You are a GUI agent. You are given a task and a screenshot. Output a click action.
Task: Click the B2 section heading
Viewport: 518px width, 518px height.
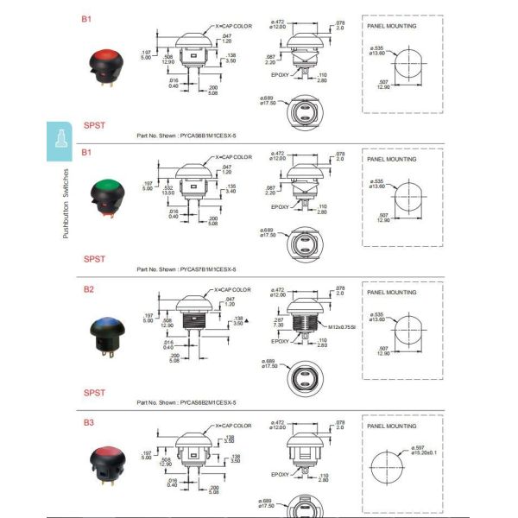point(88,290)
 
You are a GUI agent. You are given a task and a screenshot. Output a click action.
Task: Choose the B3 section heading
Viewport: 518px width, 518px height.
point(88,422)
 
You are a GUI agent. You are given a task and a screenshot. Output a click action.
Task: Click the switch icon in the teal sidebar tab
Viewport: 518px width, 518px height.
point(60,141)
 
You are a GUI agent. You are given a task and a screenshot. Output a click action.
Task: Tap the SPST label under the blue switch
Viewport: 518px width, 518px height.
point(94,392)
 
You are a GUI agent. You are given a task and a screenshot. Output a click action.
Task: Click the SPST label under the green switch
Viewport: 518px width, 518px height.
point(94,258)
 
